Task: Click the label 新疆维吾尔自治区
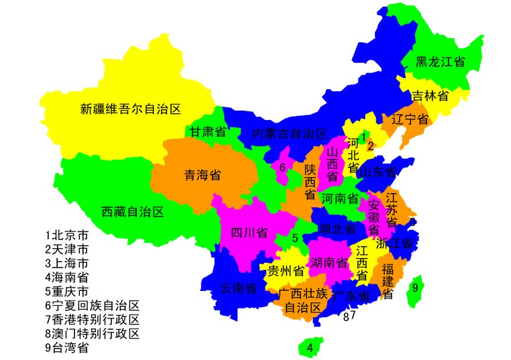[131, 109]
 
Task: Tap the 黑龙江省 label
[440, 62]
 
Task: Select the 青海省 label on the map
[203, 176]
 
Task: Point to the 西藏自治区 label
[133, 212]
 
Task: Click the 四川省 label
[249, 233]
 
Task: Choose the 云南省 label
[239, 289]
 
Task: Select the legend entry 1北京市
[66, 235]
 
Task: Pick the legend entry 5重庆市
[66, 292]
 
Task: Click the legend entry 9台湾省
[66, 348]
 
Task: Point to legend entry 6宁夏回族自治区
[92, 306]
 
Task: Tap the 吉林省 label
[430, 96]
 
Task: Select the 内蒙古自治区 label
[289, 133]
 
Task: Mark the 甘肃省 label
[207, 131]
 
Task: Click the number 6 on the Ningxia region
[283, 167]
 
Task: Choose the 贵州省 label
[286, 271]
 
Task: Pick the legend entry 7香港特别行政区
[92, 320]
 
